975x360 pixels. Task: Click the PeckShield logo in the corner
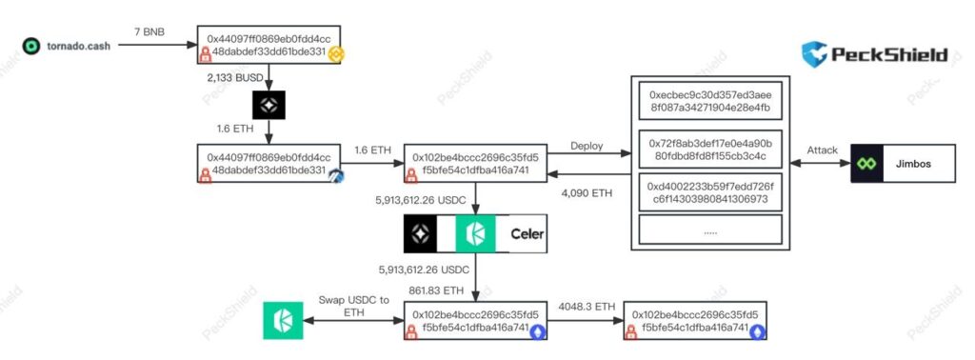(875, 54)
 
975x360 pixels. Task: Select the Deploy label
(586, 146)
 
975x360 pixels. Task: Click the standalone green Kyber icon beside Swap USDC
(283, 320)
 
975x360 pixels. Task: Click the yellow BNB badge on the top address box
(335, 55)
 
